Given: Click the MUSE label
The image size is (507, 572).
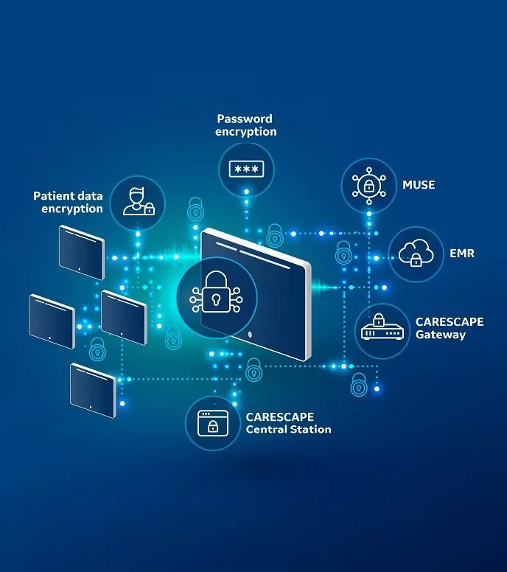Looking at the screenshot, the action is pos(419,185).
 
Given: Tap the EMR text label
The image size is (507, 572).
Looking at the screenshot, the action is pos(462,253).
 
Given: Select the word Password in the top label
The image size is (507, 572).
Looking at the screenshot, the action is pos(245,119).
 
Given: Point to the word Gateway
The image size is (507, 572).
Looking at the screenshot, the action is pos(441,335).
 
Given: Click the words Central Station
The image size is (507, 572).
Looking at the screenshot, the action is pos(289,429).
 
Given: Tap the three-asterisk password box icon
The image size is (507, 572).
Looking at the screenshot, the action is pos(246,170).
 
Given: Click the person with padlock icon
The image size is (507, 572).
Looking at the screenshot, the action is pos(139,201).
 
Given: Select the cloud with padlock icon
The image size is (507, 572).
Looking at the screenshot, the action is pos(416,253).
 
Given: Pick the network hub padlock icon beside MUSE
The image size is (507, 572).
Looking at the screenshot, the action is pos(368,186).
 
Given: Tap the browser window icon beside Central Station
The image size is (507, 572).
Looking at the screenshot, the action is pos(213,423).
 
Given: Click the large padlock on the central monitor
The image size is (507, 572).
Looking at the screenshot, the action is pos(217,291).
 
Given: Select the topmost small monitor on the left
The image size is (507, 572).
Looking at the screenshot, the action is pos(82,252).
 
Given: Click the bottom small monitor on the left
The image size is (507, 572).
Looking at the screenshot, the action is pos(93,391).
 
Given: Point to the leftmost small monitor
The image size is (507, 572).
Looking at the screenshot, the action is pos(52,321).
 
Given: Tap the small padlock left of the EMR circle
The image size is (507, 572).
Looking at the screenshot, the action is pos(343,252).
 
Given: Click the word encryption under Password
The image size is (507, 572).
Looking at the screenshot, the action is pos(246,132).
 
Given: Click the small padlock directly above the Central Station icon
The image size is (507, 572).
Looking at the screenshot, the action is pos(253,369).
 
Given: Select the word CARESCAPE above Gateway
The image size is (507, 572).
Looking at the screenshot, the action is pos(450,321).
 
